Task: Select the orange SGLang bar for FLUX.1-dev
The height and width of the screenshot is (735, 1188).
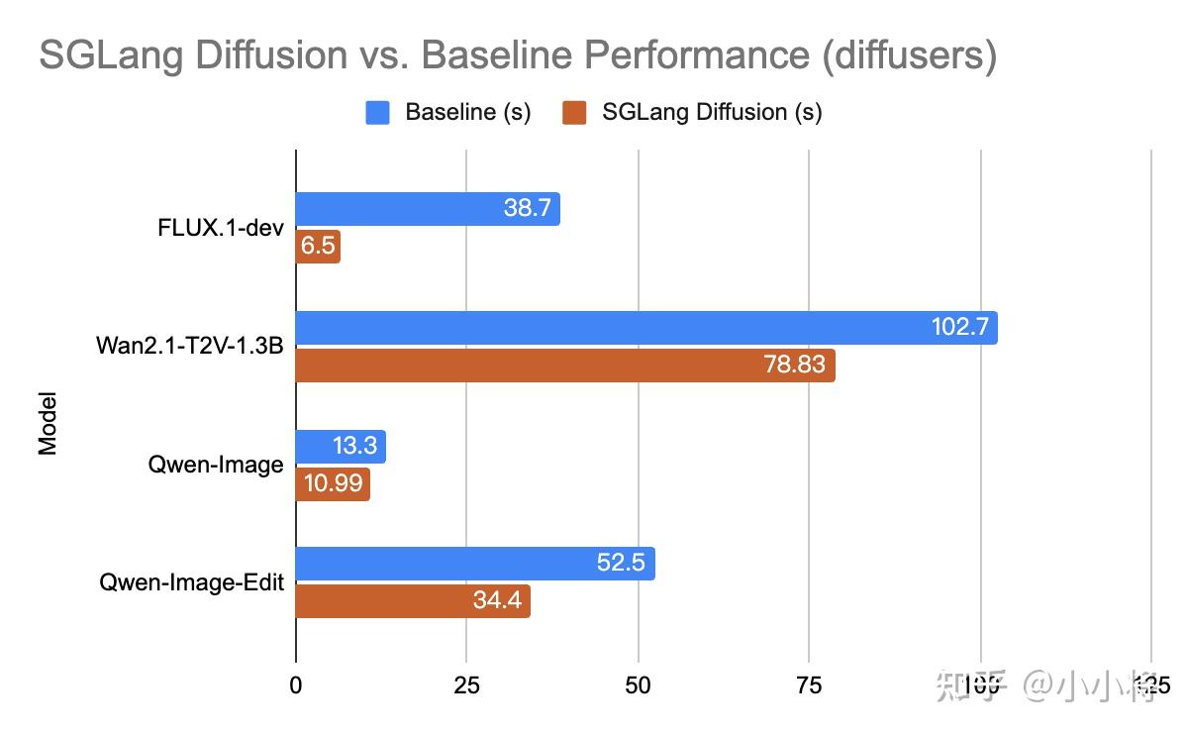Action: [x=318, y=247]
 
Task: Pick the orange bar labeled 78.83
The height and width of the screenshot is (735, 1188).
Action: [x=564, y=365]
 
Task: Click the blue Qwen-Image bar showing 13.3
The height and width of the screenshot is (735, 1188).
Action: [x=341, y=447]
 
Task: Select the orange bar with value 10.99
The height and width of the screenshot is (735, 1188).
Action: [x=333, y=484]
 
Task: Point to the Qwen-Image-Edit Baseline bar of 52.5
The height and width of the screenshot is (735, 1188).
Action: [x=475, y=564]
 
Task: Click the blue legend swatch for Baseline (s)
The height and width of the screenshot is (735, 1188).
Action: [x=378, y=113]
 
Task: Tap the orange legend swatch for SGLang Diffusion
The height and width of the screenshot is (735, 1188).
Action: [x=574, y=113]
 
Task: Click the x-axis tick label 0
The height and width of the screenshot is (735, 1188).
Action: [x=296, y=684]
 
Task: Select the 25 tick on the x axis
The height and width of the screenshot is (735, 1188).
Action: [x=466, y=684]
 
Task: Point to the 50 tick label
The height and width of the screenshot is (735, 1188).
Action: [x=639, y=684]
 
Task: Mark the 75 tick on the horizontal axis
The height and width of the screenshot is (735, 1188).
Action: [x=809, y=684]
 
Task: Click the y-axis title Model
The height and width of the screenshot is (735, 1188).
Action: [x=48, y=425]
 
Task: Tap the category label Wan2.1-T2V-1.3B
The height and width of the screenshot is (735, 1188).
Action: [x=190, y=346]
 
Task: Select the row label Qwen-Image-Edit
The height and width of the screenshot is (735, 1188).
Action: [x=192, y=582]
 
